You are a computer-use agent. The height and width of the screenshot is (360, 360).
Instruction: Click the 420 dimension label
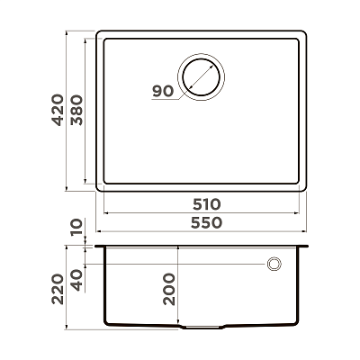click(58, 110)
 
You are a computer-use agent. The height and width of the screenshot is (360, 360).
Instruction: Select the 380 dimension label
click(76, 110)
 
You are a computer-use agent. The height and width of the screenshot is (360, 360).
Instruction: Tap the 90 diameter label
click(163, 91)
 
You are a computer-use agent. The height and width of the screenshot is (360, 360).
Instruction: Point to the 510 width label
click(206, 204)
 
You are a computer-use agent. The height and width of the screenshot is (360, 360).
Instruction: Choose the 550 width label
click(206, 223)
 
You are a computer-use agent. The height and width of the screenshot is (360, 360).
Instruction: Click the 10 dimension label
click(76, 228)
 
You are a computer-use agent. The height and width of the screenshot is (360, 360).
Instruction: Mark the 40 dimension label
click(76, 280)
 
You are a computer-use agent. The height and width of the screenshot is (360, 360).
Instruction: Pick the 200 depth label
click(169, 289)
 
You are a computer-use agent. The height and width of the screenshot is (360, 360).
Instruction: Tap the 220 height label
click(58, 289)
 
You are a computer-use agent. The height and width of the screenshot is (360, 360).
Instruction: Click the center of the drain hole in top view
click(201, 76)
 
